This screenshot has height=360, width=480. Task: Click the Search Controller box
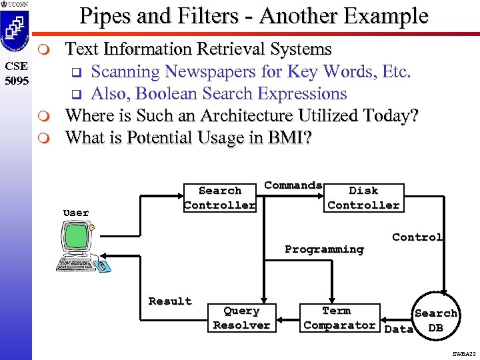point(220,198)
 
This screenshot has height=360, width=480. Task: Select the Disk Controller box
point(363,198)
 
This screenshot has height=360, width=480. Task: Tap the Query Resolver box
point(241,318)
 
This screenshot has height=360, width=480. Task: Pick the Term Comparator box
point(339,318)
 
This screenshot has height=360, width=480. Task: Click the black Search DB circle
point(435,316)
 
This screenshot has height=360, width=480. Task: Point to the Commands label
point(293,185)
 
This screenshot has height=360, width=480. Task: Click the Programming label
point(324,249)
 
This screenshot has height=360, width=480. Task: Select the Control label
point(417,237)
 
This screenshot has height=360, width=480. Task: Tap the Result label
point(170,301)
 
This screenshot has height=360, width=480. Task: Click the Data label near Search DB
point(399,329)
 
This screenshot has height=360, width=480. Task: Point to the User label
point(76,213)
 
